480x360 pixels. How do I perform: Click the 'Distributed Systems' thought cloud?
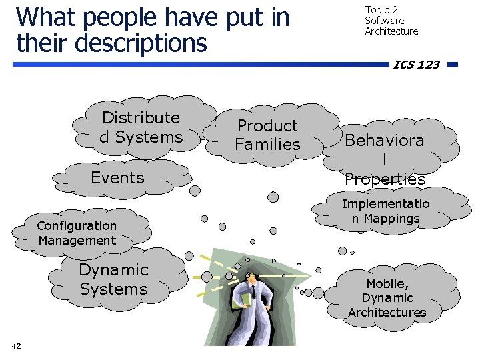(141, 127)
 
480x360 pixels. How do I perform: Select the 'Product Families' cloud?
(267, 135)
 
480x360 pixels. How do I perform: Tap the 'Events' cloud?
(117, 178)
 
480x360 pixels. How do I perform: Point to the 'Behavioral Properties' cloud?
(385, 159)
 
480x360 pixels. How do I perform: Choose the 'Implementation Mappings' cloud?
(385, 211)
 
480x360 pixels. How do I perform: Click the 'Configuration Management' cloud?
(77, 233)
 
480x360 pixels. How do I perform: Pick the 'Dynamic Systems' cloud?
(113, 279)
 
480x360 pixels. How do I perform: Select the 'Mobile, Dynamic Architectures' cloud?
(387, 298)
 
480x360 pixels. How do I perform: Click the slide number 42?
(17, 345)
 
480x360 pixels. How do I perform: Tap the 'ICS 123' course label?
(416, 65)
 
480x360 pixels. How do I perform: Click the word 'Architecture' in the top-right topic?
(391, 31)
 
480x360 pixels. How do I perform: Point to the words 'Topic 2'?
(381, 10)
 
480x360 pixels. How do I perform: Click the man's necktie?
(253, 291)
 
